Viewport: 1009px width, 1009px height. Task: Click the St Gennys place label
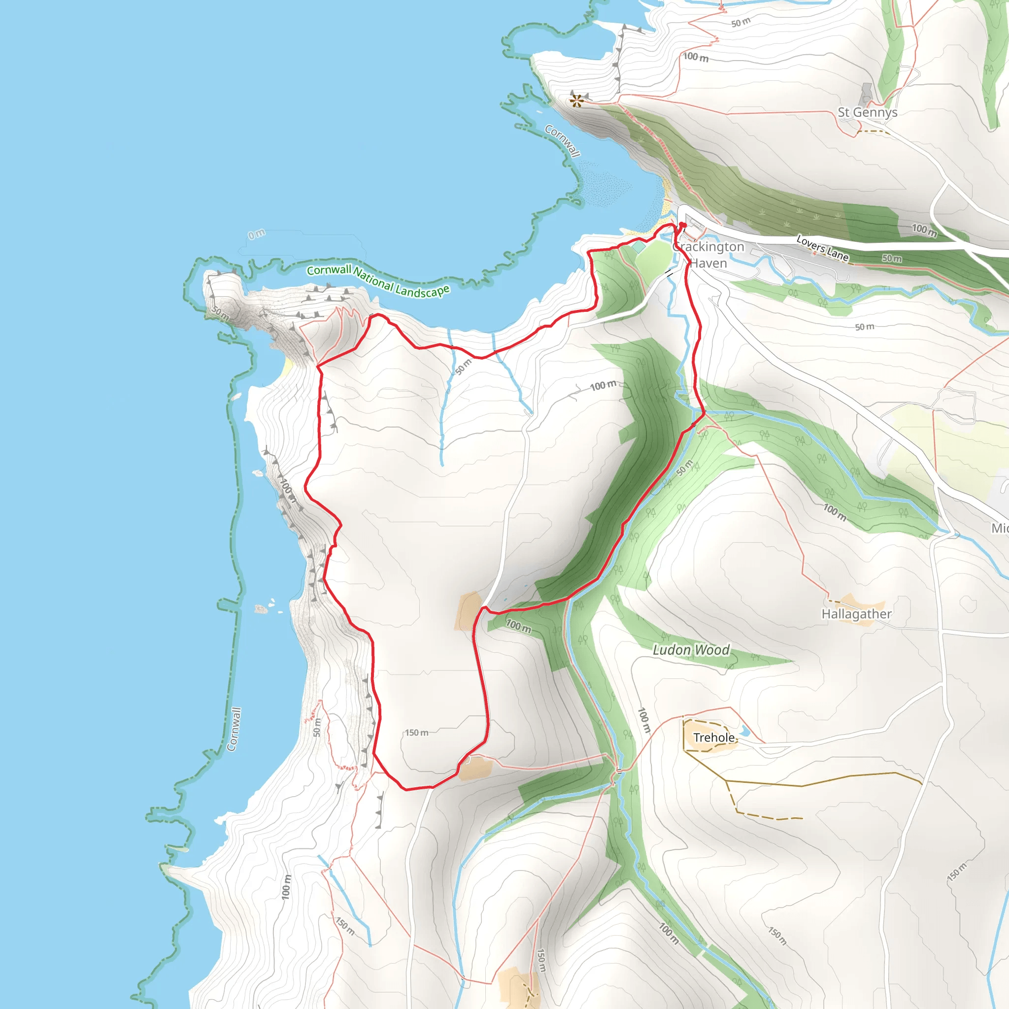click(868, 112)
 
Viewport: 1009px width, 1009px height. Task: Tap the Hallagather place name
click(856, 614)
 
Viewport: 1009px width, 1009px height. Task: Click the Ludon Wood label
click(691, 650)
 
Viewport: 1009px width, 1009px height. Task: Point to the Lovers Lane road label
click(822, 247)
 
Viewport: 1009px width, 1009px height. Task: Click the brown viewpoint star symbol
click(576, 101)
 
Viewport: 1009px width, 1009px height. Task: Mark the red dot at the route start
click(682, 226)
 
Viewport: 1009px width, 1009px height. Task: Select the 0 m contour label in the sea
click(256, 235)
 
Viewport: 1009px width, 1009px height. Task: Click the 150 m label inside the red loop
click(417, 733)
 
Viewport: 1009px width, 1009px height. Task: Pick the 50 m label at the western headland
click(220, 313)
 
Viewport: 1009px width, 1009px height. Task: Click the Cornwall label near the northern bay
click(562, 140)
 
